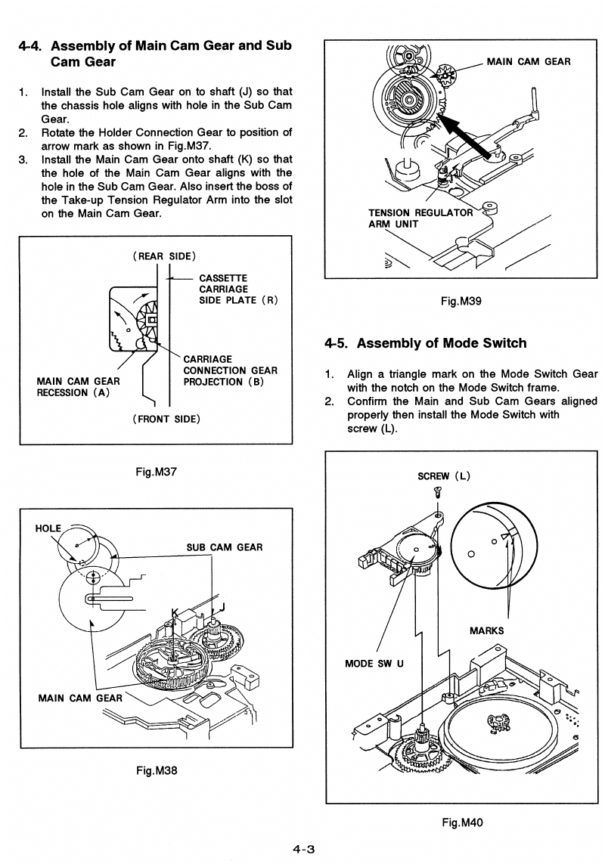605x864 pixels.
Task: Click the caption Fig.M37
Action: pyautogui.click(x=156, y=472)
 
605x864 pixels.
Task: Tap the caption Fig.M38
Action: pyautogui.click(x=157, y=770)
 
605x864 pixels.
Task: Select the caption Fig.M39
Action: pyautogui.click(x=461, y=300)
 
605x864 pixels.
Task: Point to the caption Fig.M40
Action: pyautogui.click(x=461, y=822)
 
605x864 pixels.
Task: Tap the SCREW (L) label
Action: pyautogui.click(x=445, y=475)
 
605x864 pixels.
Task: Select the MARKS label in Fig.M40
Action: pyautogui.click(x=487, y=630)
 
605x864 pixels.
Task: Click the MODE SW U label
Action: pyautogui.click(x=374, y=664)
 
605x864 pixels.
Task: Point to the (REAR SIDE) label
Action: pyautogui.click(x=165, y=255)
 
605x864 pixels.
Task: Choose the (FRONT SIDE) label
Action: pyautogui.click(x=165, y=418)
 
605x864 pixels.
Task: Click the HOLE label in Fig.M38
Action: pyautogui.click(x=48, y=528)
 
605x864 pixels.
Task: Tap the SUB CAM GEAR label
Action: pyautogui.click(x=225, y=547)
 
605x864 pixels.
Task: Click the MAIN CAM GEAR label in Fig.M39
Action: pyautogui.click(x=529, y=61)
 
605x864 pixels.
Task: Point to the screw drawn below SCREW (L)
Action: pyautogui.click(x=438, y=492)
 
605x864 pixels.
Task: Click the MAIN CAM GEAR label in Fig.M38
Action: pyautogui.click(x=79, y=698)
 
